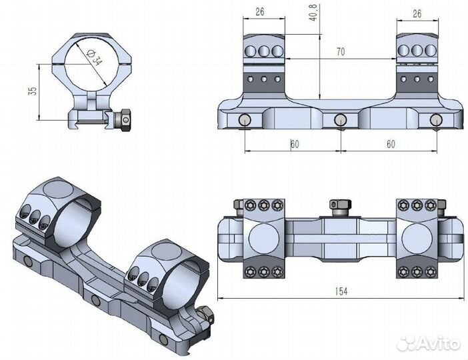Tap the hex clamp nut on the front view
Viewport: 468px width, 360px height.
pos(123,120)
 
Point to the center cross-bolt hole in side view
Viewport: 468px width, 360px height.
pos(340,120)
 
